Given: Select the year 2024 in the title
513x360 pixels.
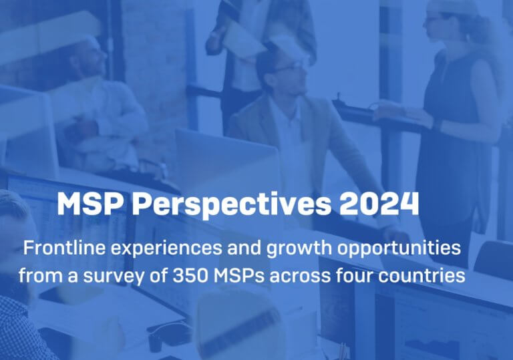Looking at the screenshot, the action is coord(379,203).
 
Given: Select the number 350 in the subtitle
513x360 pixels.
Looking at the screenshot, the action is coord(190,276).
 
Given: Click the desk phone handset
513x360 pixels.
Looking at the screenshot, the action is coord(171,331).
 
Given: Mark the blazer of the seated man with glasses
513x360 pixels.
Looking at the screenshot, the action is coord(262,131).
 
